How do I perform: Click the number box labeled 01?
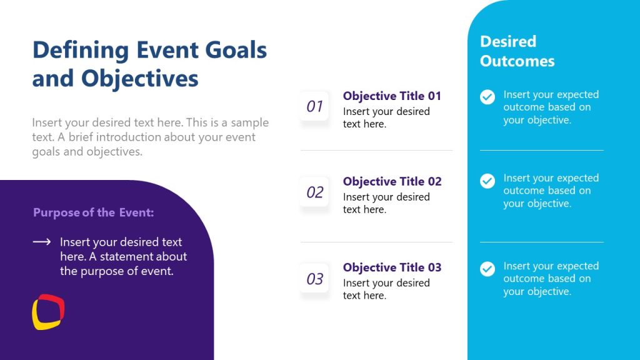(x=314, y=106)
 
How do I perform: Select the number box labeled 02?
(x=314, y=192)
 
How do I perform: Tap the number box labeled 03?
(x=314, y=279)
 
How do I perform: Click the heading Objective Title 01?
(x=392, y=96)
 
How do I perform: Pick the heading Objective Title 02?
(x=392, y=181)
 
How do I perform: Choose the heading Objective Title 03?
(x=392, y=267)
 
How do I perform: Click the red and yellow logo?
(x=48, y=311)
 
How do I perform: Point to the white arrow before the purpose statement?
(x=41, y=242)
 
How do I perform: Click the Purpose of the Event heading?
(x=93, y=212)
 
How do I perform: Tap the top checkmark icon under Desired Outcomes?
(x=487, y=97)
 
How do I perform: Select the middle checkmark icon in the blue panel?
(x=487, y=181)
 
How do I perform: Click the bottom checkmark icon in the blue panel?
(x=487, y=269)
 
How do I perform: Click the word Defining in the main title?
(x=81, y=50)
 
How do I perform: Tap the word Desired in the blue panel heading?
(x=507, y=41)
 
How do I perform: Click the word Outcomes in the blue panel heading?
(x=517, y=61)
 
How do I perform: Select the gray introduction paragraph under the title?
(x=150, y=137)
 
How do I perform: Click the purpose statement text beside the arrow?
(x=123, y=256)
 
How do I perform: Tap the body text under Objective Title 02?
(x=386, y=203)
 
